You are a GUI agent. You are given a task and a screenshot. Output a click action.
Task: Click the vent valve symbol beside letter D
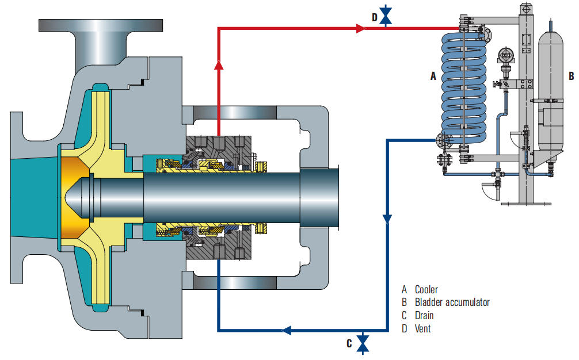point(386,18)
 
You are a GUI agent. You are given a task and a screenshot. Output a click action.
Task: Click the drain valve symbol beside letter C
point(363,343)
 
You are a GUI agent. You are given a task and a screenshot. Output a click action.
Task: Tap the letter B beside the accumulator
point(571,75)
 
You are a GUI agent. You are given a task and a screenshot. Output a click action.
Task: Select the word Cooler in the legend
point(426,289)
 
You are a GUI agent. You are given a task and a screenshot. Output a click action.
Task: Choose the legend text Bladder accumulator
point(452,302)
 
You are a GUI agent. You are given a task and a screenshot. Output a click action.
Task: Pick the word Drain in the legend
point(424,316)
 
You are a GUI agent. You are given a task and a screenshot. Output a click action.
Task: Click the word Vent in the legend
point(422,329)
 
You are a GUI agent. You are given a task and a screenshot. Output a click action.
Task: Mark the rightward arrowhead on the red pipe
point(361,27)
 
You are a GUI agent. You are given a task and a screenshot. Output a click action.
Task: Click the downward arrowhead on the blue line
point(387,219)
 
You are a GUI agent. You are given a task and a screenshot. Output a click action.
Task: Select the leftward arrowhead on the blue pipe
point(286,330)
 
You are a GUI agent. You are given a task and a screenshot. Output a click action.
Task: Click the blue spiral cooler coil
point(460,86)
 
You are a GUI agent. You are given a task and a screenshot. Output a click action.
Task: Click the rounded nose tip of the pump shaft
point(70,196)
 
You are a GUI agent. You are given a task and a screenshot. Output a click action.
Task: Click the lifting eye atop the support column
point(525,9)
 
